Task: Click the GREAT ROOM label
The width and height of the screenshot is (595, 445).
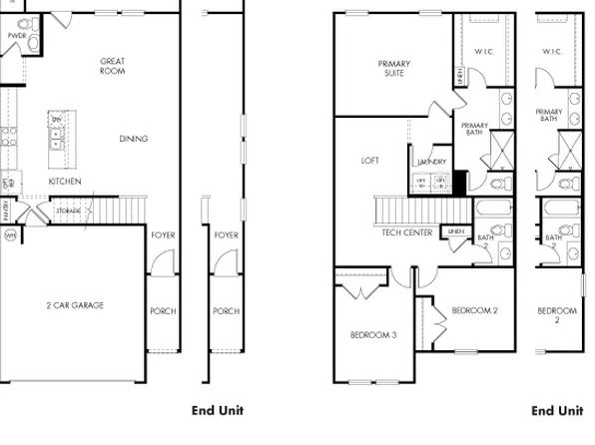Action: click(112, 66)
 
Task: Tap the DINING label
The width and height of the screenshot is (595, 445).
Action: click(133, 139)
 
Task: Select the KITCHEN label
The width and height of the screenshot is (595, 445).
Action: click(65, 182)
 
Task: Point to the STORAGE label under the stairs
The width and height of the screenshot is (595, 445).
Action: click(68, 212)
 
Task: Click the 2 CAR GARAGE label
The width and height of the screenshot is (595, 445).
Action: click(74, 305)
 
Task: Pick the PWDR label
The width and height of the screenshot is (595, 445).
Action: click(16, 35)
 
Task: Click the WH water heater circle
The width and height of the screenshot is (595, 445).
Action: click(11, 235)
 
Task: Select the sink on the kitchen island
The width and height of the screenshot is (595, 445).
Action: click(56, 138)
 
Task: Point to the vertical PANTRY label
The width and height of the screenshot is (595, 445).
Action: click(6, 211)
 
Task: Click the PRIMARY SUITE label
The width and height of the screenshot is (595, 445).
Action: click(393, 68)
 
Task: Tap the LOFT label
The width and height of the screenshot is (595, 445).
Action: click(369, 160)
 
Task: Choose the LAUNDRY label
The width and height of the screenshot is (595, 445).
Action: click(431, 162)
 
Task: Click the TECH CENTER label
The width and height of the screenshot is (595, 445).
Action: click(406, 232)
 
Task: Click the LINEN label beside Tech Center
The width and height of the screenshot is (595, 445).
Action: click(456, 231)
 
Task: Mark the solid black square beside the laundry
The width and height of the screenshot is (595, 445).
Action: click(459, 181)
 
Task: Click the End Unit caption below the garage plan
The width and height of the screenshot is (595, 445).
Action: click(217, 410)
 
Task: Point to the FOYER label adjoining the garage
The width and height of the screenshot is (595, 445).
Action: click(163, 235)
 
